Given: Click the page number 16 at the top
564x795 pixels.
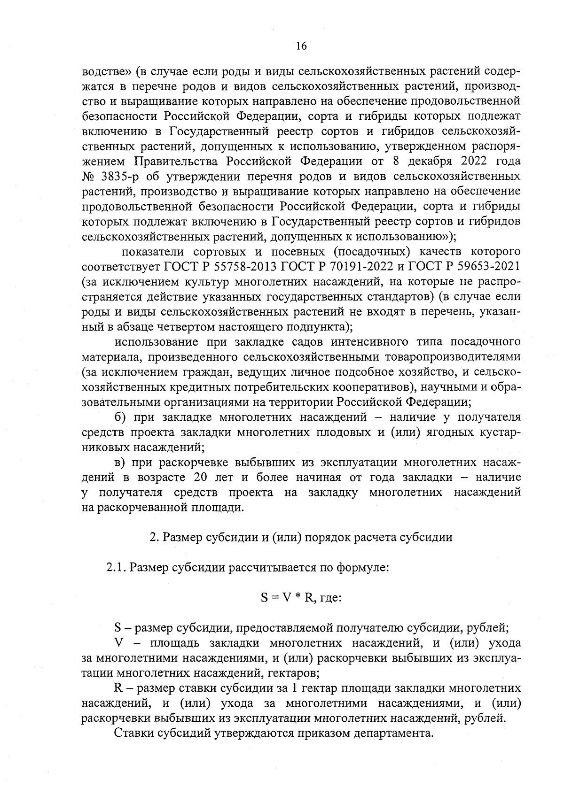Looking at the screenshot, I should (301, 46).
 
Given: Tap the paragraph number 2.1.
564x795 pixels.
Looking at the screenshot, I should (116, 568).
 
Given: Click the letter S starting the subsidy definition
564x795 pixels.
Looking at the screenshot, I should (118, 628).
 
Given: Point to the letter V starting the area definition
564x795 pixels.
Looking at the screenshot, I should (118, 643).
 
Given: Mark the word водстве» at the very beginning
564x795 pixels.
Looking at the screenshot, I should (106, 71).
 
